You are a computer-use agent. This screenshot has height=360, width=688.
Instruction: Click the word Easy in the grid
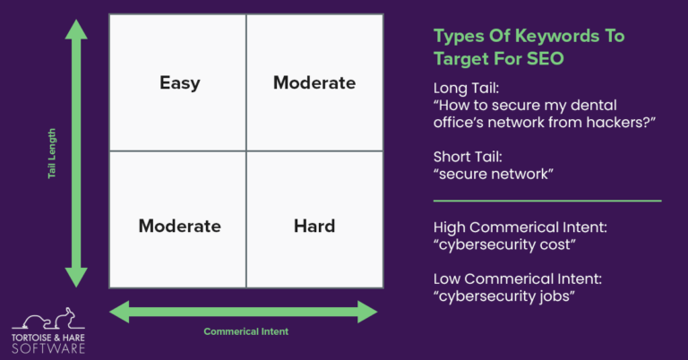tap(179, 83)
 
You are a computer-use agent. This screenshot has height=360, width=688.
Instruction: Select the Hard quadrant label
tap(314, 226)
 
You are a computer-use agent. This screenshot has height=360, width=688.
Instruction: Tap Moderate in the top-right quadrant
tap(314, 83)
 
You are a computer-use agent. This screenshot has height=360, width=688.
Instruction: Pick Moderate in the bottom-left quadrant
tap(179, 226)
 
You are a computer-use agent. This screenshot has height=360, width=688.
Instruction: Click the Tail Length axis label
tap(54, 153)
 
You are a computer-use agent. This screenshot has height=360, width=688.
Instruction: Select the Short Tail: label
tap(469, 157)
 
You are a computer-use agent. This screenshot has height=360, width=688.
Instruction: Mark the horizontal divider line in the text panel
tap(546, 201)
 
